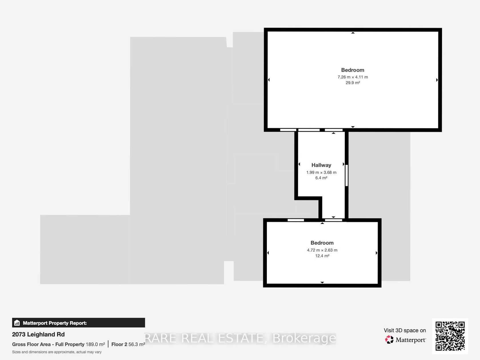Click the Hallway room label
coord(321,165)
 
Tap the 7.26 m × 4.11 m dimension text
coord(353,77)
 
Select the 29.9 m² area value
coord(353,83)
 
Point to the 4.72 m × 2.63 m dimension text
coord(322,250)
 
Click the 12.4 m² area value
coord(322,256)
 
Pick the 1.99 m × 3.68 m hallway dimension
coord(321,173)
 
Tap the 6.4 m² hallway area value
coord(321,178)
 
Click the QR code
coord(450,336)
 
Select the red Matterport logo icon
coord(389,340)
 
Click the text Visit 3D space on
coord(405,330)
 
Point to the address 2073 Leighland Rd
coord(38,334)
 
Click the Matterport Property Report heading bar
coord(79,323)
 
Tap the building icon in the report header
coord(17,323)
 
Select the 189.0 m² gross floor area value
coord(95,344)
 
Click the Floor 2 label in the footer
coord(119,345)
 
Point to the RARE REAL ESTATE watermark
coord(240,338)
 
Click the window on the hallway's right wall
coord(347,175)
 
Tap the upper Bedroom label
coord(353,70)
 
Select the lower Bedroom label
coord(322,243)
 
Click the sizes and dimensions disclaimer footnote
coord(57,352)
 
